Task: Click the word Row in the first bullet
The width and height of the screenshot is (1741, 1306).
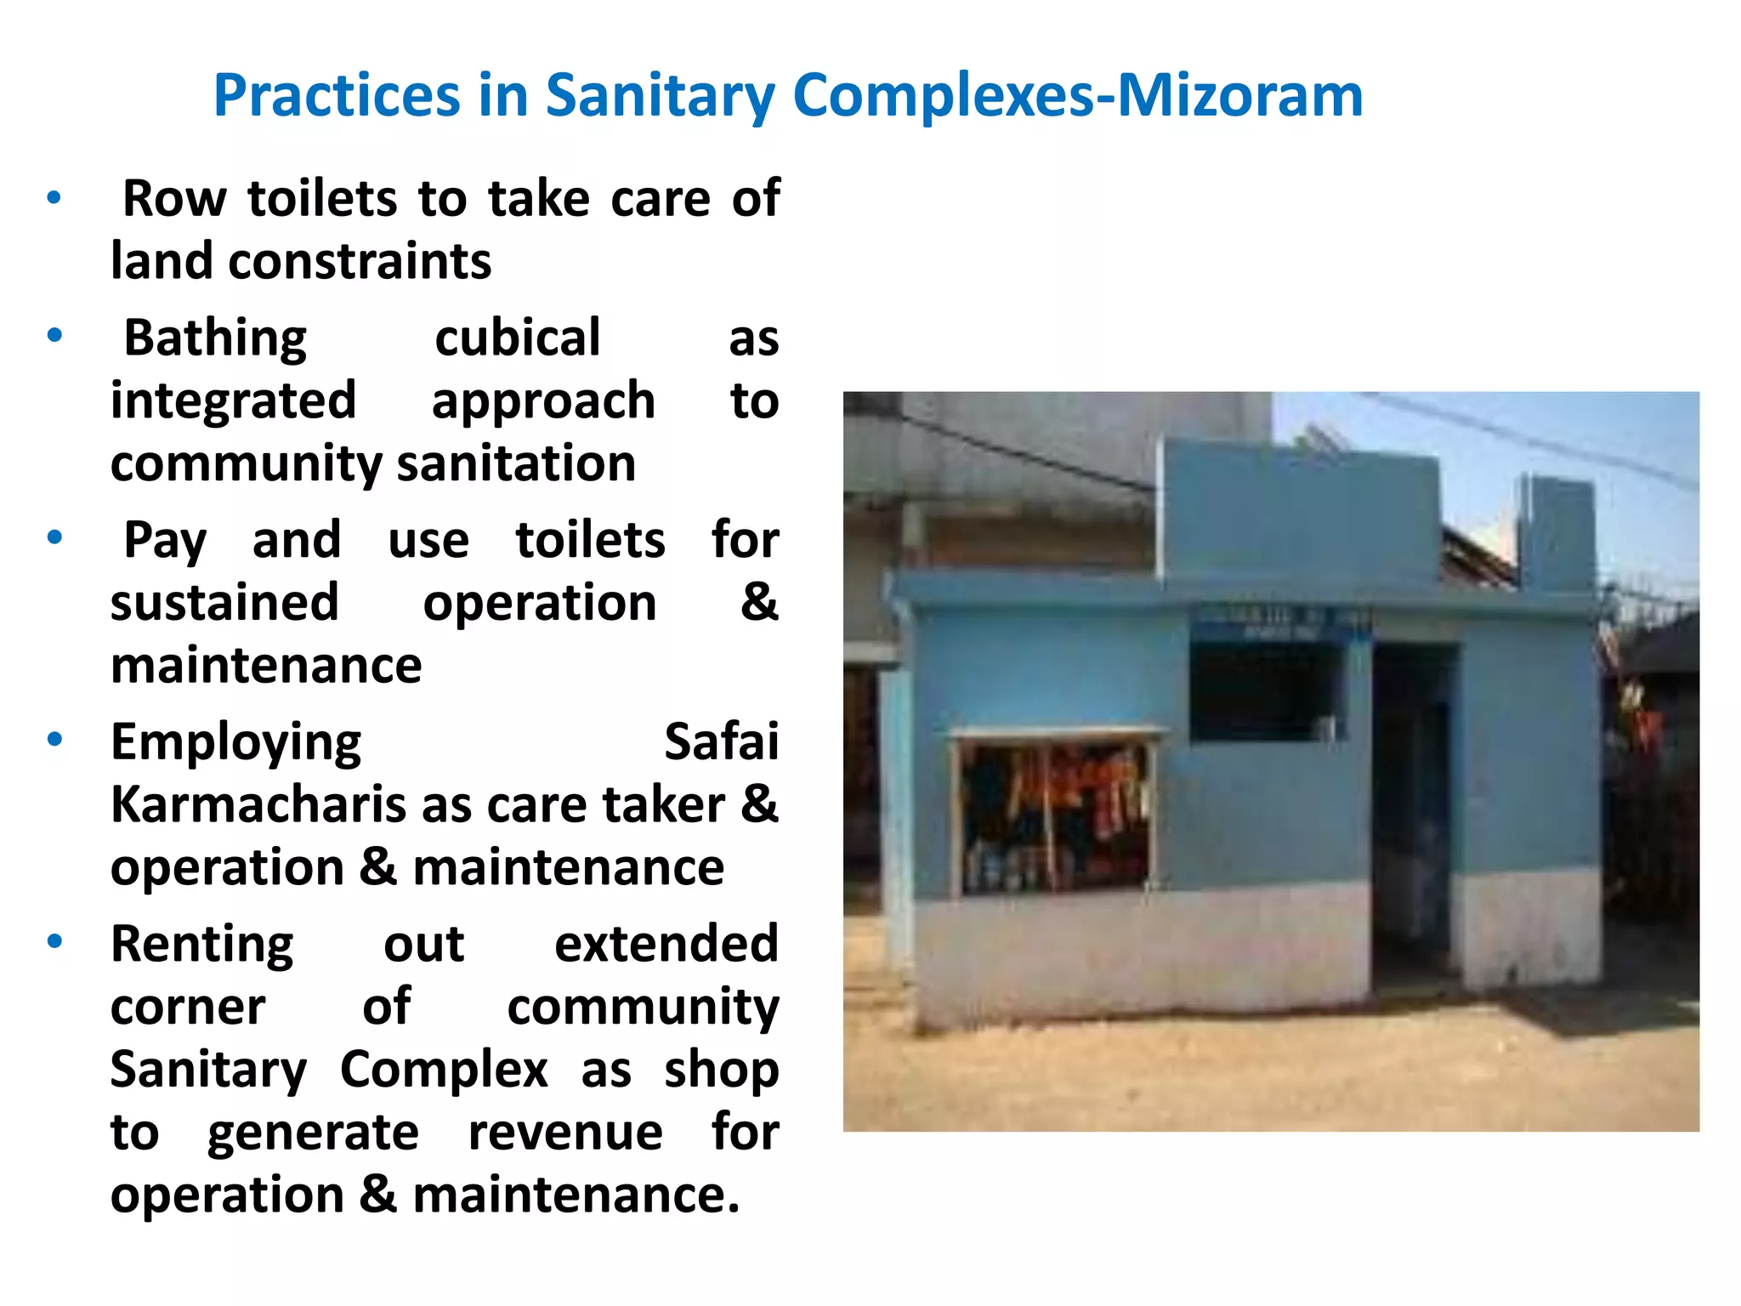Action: tap(174, 199)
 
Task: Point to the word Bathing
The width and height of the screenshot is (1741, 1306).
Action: tap(215, 339)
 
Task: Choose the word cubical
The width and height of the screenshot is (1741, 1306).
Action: tap(518, 338)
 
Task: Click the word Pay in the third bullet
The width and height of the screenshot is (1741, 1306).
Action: tap(164, 541)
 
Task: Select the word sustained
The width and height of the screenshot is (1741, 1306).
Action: tap(224, 603)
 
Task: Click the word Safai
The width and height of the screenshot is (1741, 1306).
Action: tap(721, 742)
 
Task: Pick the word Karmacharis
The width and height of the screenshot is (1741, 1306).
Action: tap(258, 804)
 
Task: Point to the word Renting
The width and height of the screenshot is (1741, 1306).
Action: tap(202, 945)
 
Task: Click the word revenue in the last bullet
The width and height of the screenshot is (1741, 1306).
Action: tap(565, 1133)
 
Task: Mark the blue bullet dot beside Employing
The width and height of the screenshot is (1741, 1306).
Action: tap(55, 740)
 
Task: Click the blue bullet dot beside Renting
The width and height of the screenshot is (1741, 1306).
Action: tap(55, 941)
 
